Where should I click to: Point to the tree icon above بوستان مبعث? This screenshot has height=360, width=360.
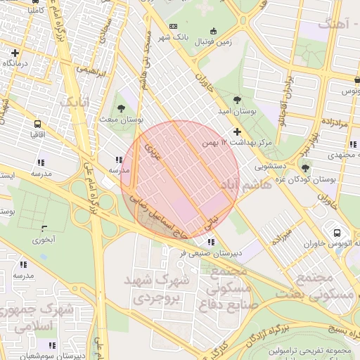pos(121,108)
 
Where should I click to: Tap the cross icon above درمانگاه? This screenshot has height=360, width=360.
pos(15,53)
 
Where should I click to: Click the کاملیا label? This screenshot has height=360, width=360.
pos(33,11)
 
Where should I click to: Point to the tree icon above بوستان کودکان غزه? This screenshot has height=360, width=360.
pos(305,167)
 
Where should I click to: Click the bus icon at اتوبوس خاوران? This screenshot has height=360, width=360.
pos(337,232)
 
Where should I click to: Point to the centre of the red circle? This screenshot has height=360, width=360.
pos(179,179)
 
